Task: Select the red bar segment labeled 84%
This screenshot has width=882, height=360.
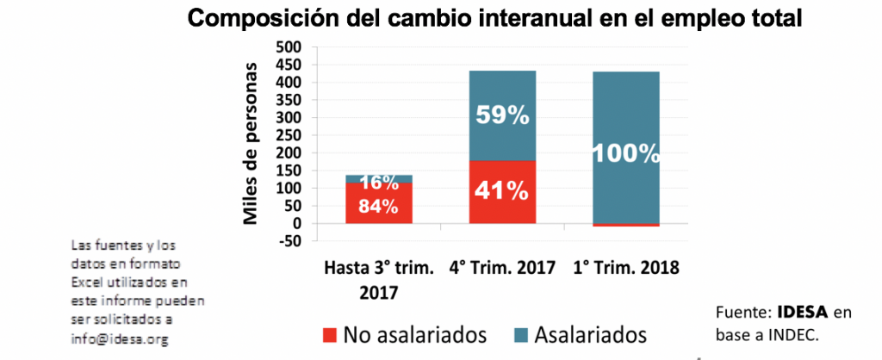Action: pyautogui.click(x=379, y=203)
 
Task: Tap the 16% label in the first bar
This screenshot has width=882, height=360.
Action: pyautogui.click(x=379, y=182)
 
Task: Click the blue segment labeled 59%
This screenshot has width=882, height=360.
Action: pyautogui.click(x=502, y=115)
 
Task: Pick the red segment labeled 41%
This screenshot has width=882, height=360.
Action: pyautogui.click(x=502, y=191)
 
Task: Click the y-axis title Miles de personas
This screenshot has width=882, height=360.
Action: pyautogui.click(x=252, y=143)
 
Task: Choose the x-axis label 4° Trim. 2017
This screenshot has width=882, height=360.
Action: pyautogui.click(x=502, y=268)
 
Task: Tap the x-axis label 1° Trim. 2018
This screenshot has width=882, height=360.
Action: pyautogui.click(x=626, y=268)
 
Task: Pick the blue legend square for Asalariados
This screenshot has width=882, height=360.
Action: pyautogui.click(x=518, y=333)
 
